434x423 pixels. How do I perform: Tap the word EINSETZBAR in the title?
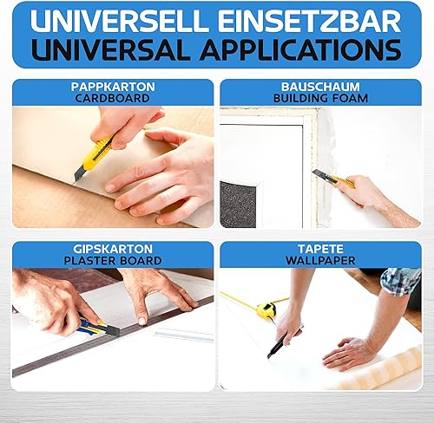click(310, 21)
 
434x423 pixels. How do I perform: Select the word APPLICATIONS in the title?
click(301, 49)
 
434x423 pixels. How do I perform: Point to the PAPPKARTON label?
click(113, 87)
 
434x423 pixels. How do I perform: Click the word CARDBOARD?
click(113, 98)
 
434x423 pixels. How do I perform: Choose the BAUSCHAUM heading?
click(320, 87)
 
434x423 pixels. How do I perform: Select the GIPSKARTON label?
click(113, 249)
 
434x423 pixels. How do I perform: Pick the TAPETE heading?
click(320, 249)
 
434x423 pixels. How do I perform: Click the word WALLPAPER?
click(320, 261)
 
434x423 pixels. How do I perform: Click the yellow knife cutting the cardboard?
click(93, 158)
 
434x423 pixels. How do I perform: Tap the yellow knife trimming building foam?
click(334, 179)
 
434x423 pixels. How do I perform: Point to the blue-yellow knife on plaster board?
click(97, 328)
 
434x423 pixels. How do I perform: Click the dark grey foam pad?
click(238, 204)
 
